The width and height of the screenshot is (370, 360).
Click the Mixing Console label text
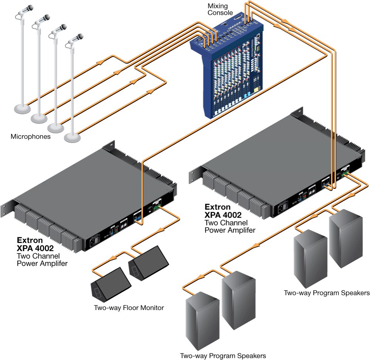tap(220, 9)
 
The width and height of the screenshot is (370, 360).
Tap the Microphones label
tap(30, 137)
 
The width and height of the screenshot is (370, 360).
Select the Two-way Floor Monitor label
tap(129, 308)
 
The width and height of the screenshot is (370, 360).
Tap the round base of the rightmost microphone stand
tap(73, 137)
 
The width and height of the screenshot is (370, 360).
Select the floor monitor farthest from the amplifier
tap(111, 283)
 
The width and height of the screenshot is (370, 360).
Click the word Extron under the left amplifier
tap(30, 240)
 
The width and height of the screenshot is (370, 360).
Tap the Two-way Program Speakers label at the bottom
tap(223, 356)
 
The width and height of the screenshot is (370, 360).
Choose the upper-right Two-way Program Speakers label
tap(327, 293)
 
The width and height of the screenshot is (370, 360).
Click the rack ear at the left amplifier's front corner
tap(7, 211)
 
